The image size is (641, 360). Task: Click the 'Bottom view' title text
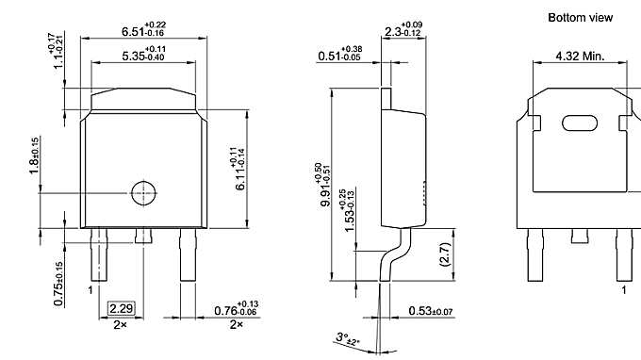581,17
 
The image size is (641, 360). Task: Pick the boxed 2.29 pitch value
121,309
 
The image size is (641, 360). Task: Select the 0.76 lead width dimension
235,309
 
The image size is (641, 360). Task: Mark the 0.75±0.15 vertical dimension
58,283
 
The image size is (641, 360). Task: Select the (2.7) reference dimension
444,254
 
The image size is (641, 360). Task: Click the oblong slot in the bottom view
579,123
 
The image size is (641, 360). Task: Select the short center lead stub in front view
143,235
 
